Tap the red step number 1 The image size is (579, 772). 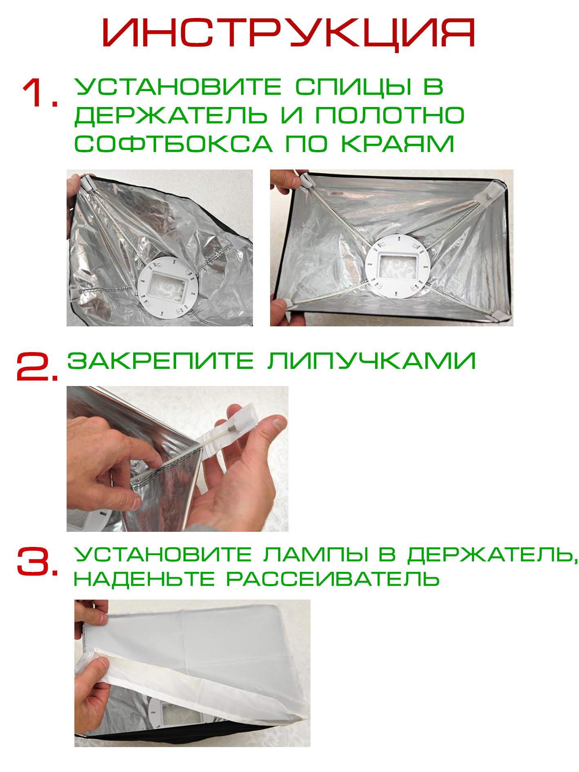coord(40,93)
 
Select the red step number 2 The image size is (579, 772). coord(37,366)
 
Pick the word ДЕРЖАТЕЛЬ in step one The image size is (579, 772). coord(171,116)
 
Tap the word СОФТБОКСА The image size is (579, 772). coord(173,144)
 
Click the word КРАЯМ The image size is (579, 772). coord(398,144)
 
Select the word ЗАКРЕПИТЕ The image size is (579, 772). coord(161,361)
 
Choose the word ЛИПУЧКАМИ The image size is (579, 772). coord(372,361)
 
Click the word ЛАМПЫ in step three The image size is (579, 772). coord(316,554)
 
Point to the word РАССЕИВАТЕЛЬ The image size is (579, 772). coord(333,579)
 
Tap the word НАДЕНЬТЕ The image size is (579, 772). coord(144,579)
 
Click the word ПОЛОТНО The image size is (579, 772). coord(390,116)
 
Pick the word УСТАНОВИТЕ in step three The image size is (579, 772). coord(163,554)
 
